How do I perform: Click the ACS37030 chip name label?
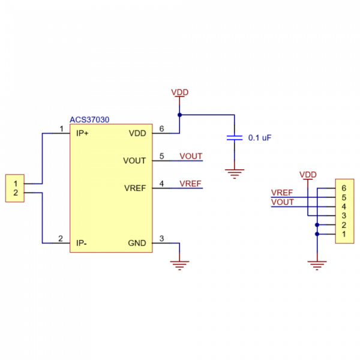(89, 120)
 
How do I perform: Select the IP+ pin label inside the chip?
(83, 133)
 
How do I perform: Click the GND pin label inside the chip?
(137, 243)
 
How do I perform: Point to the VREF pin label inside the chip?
(135, 188)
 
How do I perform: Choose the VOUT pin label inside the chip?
(134, 161)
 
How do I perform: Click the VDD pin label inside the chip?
(137, 133)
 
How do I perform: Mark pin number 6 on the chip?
(161, 129)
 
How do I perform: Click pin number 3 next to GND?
(161, 239)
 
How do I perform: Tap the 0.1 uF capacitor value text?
(260, 137)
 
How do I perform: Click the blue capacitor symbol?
(234, 137)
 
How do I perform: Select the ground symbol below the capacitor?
(234, 174)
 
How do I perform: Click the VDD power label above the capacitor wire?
(179, 92)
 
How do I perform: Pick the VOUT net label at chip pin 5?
(191, 156)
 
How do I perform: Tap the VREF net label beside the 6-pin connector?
(282, 193)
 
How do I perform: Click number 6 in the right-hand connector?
(344, 188)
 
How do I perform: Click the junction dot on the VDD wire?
(179, 115)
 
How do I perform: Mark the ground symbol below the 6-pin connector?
(316, 263)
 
